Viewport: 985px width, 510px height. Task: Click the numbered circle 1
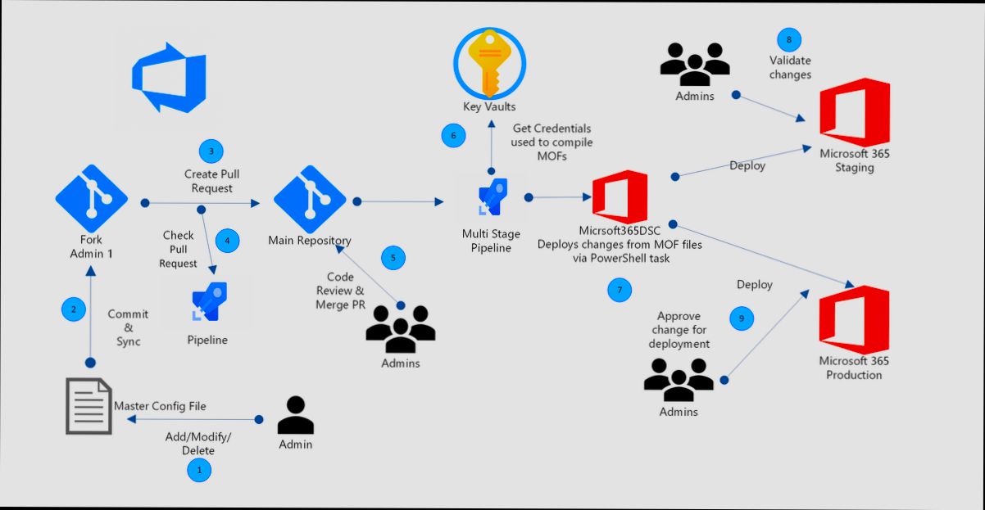[x=198, y=470]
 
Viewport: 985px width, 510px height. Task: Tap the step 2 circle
[x=74, y=309]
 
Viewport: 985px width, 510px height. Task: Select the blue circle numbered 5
[x=393, y=257]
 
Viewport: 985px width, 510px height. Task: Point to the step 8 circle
[x=788, y=39]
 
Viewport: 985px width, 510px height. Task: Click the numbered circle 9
[x=742, y=318]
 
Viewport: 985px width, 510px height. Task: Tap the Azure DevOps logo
[x=169, y=80]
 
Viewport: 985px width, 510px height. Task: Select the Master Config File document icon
[x=89, y=406]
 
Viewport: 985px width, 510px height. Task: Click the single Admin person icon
[x=295, y=415]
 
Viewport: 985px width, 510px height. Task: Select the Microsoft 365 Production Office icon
[x=853, y=319]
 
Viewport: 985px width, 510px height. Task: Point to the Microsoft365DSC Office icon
[x=620, y=197]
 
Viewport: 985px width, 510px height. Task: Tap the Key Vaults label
[x=490, y=107]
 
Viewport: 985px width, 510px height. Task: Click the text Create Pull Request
[x=211, y=181]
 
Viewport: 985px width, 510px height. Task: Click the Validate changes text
[x=790, y=67]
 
